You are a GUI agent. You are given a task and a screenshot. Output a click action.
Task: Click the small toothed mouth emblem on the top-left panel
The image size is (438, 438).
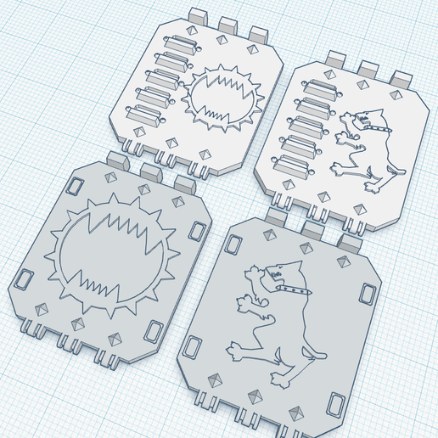click(x=220, y=99)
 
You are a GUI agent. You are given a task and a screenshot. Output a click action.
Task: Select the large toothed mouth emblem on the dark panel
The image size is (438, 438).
click(x=109, y=251)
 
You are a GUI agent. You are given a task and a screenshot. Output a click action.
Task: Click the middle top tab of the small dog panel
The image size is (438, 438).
click(x=368, y=68)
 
